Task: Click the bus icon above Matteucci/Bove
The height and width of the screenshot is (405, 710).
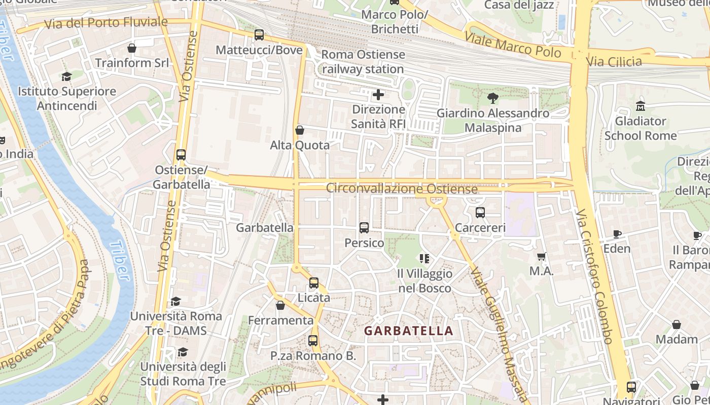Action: tap(259, 35)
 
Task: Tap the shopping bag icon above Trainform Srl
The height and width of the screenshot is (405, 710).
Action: tap(132, 48)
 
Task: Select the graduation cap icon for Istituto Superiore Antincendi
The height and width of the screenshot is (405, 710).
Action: tap(66, 76)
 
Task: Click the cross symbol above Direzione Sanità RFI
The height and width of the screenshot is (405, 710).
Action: tap(378, 94)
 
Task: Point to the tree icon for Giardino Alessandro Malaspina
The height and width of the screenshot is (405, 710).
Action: tap(492, 98)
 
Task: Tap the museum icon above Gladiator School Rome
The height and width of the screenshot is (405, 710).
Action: tap(641, 106)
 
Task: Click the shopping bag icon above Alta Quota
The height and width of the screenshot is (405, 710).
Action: tap(300, 130)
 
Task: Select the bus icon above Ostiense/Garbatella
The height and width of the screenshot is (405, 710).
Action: tap(181, 155)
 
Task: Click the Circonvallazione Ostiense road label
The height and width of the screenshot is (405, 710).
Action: tap(402, 189)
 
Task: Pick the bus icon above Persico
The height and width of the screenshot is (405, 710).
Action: tap(364, 228)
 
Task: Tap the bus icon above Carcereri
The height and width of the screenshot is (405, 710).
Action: tap(480, 213)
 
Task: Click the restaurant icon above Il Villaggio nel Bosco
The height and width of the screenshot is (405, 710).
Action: tap(424, 259)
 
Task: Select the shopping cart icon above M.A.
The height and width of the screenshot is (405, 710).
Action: tap(542, 257)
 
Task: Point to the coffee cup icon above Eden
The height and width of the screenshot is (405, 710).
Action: tap(617, 234)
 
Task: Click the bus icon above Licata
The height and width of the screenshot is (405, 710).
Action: tap(314, 283)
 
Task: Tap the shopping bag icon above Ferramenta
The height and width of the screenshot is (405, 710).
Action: tap(280, 305)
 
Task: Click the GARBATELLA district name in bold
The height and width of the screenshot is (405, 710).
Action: tap(409, 331)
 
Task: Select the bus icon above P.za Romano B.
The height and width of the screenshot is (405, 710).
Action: tap(313, 341)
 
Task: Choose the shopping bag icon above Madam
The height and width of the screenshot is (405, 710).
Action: tap(677, 324)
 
